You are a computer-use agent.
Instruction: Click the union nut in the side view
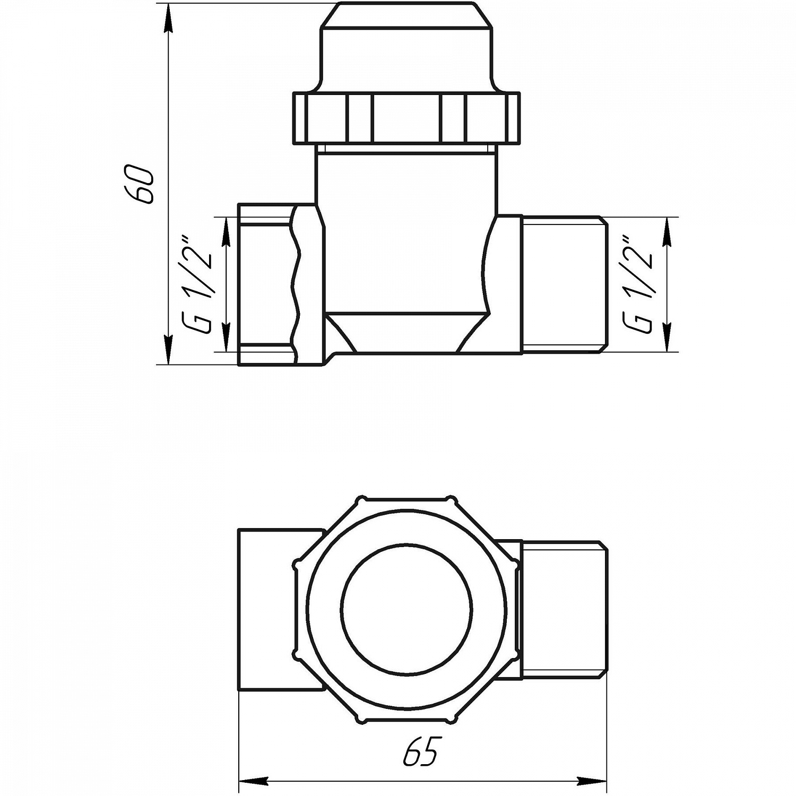[x=406, y=118]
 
